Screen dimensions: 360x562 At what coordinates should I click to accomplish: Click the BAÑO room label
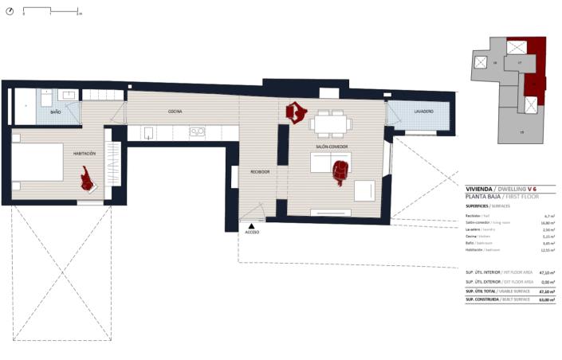pos(56,113)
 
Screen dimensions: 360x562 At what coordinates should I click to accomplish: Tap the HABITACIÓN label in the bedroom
pos(84,153)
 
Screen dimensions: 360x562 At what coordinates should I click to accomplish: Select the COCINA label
pos(176,112)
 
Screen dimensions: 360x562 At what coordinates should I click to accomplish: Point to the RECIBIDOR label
pos(260,172)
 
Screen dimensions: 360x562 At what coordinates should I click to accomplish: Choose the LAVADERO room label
pos(423,112)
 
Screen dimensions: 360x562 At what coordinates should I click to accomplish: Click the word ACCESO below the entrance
pos(253,232)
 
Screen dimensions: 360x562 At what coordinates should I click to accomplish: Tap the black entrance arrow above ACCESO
pos(253,225)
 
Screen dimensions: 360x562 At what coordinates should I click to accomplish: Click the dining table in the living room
pos(330,123)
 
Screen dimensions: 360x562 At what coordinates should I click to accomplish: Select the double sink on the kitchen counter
pos(197,132)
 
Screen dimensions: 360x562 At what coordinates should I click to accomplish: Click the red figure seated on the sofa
pos(341,171)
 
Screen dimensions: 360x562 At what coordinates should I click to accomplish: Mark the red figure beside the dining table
pos(297,113)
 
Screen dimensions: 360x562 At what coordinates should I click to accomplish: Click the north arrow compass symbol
pos(9,12)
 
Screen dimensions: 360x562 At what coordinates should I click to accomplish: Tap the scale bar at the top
pos(51,12)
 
